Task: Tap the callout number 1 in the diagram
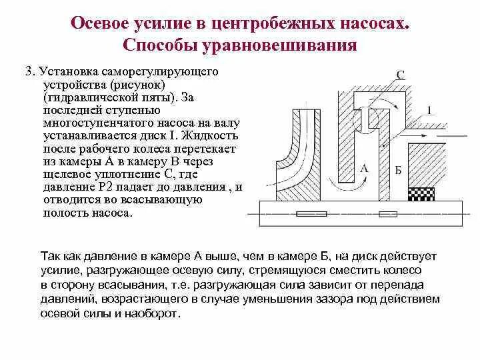point(429,110)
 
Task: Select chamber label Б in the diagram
point(398,170)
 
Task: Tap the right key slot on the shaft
point(387,214)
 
